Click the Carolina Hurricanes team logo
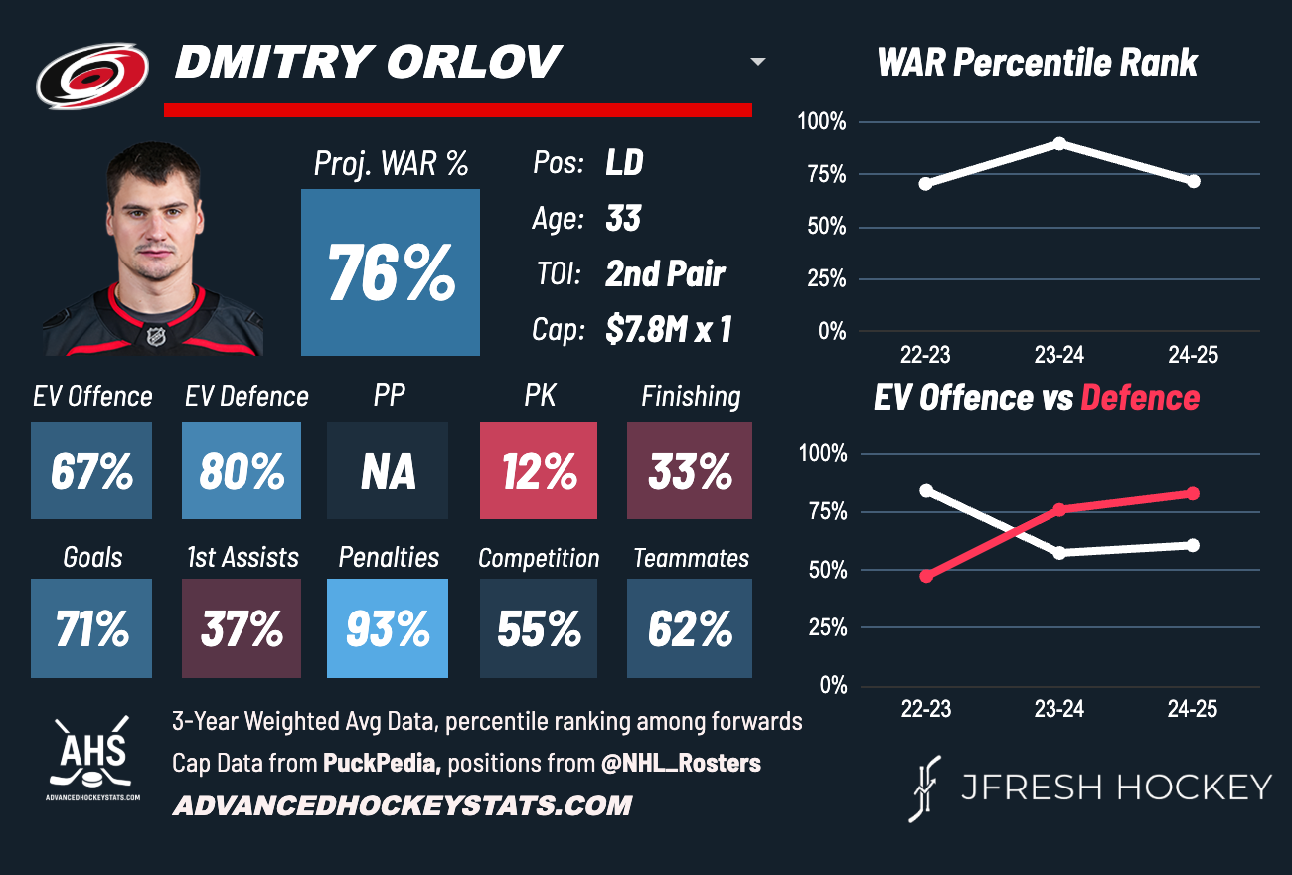coord(92,77)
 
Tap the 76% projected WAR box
coord(391,272)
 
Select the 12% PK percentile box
coord(539,470)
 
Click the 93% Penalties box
coord(388,628)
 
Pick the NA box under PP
coord(388,470)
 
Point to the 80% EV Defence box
coord(242,470)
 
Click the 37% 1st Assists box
coord(242,628)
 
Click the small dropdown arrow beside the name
coord(758,62)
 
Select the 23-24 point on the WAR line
coord(1059,144)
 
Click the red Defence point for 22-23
coord(926,576)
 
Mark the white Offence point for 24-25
coord(1193,545)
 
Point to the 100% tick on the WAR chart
coord(822,123)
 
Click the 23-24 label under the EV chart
coord(1059,709)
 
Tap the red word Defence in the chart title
coord(1140,398)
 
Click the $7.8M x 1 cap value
coord(668,330)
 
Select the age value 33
coord(623,218)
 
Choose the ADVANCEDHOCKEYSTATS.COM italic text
coord(403,805)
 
